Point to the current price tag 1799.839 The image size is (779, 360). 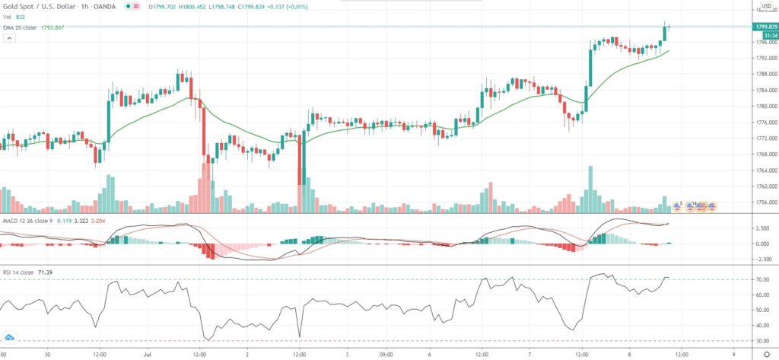coord(765,27)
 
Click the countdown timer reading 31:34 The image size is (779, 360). coord(764,35)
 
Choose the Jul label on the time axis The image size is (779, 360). coord(149,354)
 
